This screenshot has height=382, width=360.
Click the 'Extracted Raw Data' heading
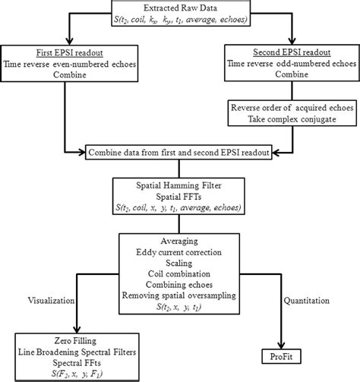click(x=179, y=7)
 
